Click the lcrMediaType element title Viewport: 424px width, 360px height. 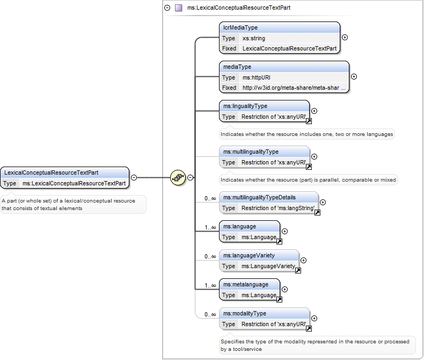pos(240,27)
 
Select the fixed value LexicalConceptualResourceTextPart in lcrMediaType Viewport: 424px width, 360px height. pos(289,48)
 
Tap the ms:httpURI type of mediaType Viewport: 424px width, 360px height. pos(257,78)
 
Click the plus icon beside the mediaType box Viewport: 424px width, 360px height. pos(354,77)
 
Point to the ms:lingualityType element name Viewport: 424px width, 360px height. pos(245,106)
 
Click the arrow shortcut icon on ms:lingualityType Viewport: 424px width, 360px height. pos(309,121)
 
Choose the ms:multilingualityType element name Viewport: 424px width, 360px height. pos(251,152)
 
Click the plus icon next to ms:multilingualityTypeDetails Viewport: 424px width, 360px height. pos(323,202)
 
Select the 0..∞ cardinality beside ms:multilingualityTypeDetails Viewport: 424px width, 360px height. pos(210,198)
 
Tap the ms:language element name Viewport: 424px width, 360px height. pos(239,227)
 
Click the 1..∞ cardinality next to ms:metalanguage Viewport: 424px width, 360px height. pos(210,285)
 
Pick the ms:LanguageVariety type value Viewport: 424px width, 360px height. pos(268,267)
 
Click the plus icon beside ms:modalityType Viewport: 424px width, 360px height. pos(314,318)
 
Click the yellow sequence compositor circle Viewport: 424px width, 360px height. pos(178,177)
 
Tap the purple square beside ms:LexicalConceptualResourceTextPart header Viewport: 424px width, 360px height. pos(179,8)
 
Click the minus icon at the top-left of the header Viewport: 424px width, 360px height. pos(167,8)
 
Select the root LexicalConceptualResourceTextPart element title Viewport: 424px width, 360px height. pos(51,172)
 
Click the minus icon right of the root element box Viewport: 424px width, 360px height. pos(134,177)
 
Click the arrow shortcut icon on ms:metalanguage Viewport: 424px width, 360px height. pos(279,299)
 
